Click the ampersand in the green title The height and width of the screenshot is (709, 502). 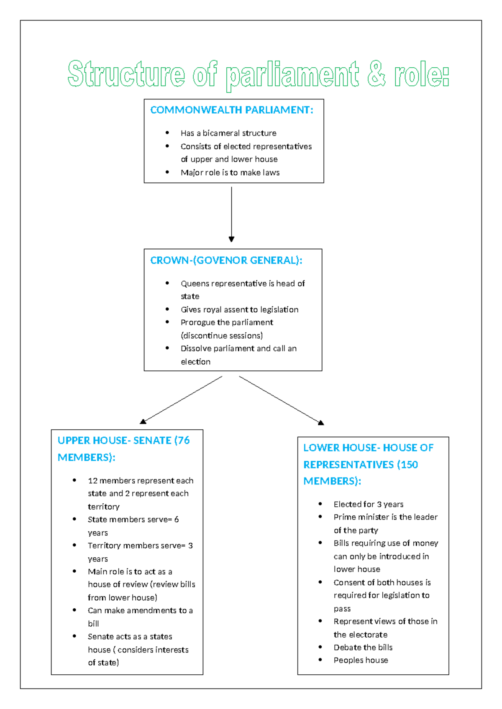[x=376, y=74]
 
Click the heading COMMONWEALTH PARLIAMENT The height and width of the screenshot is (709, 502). [x=231, y=110]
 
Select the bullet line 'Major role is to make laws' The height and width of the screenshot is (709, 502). [x=230, y=173]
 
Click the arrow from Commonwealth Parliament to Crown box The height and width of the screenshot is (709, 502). [x=231, y=213]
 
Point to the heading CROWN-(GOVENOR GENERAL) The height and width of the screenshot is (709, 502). [x=226, y=260]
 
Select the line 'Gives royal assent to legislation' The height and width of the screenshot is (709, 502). [x=239, y=310]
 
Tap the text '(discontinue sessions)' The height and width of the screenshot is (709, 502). [x=222, y=336]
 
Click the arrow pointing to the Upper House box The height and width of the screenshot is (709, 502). [x=182, y=400]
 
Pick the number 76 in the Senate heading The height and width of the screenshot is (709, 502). [x=184, y=441]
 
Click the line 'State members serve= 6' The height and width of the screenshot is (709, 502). [x=133, y=520]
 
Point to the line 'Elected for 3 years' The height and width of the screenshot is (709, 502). [x=368, y=505]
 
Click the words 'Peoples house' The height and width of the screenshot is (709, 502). [x=361, y=661]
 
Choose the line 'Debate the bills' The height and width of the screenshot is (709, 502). [x=363, y=648]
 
